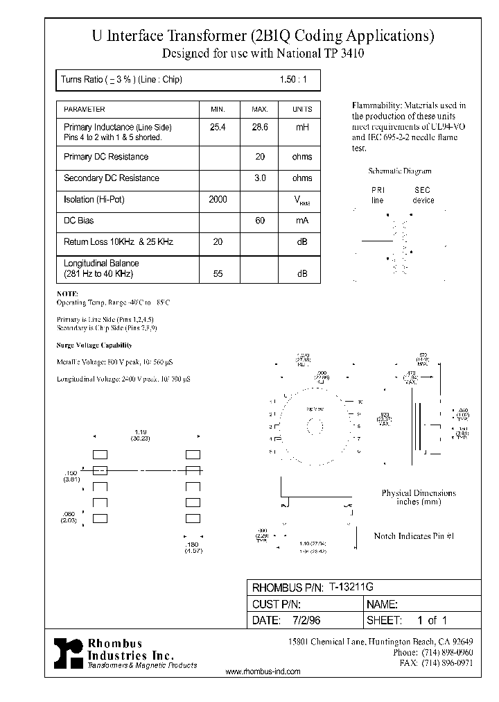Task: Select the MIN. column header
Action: (218, 110)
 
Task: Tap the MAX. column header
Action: (259, 110)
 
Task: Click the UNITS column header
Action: (302, 110)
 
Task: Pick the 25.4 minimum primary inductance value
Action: (218, 128)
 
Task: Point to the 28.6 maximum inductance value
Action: (260, 128)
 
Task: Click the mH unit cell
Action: (302, 128)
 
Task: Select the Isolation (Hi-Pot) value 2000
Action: (218, 200)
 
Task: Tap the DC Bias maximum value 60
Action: (260, 221)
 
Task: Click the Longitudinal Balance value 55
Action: (218, 274)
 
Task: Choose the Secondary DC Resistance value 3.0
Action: (260, 178)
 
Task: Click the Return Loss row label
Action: (118, 242)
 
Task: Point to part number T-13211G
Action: (351, 587)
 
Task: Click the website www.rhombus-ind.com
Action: (263, 671)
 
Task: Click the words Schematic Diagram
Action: (399, 171)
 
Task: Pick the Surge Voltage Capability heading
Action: (94, 345)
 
